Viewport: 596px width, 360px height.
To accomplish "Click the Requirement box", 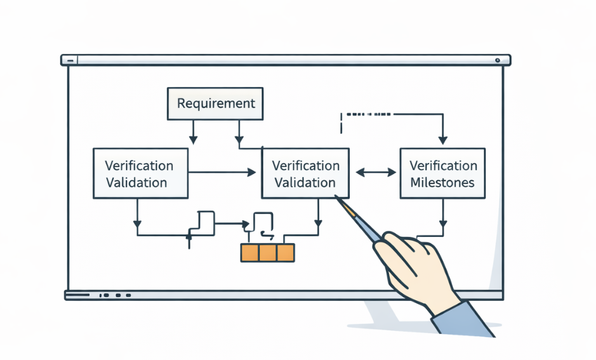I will click(216, 103).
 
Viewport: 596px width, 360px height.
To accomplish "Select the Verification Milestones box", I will click(442, 173).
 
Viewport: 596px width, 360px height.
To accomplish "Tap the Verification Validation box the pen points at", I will click(305, 173).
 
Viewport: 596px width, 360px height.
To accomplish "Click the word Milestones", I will click(442, 182).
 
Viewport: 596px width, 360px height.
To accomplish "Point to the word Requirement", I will click(216, 103).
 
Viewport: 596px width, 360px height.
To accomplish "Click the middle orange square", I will click(268, 253).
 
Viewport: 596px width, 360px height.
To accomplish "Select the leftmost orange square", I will click(250, 253).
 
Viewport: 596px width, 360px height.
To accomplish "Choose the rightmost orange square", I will click(286, 253).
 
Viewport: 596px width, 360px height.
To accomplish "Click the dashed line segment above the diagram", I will click(368, 115).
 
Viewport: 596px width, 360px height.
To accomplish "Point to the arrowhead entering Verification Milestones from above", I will click(442, 142).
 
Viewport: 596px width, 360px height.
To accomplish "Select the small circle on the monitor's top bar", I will click(498, 61).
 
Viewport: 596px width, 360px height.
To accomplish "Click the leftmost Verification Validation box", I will click(140, 173).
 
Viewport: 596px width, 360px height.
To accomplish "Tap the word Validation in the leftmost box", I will click(137, 183).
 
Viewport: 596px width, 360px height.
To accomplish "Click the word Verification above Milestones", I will click(443, 166).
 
